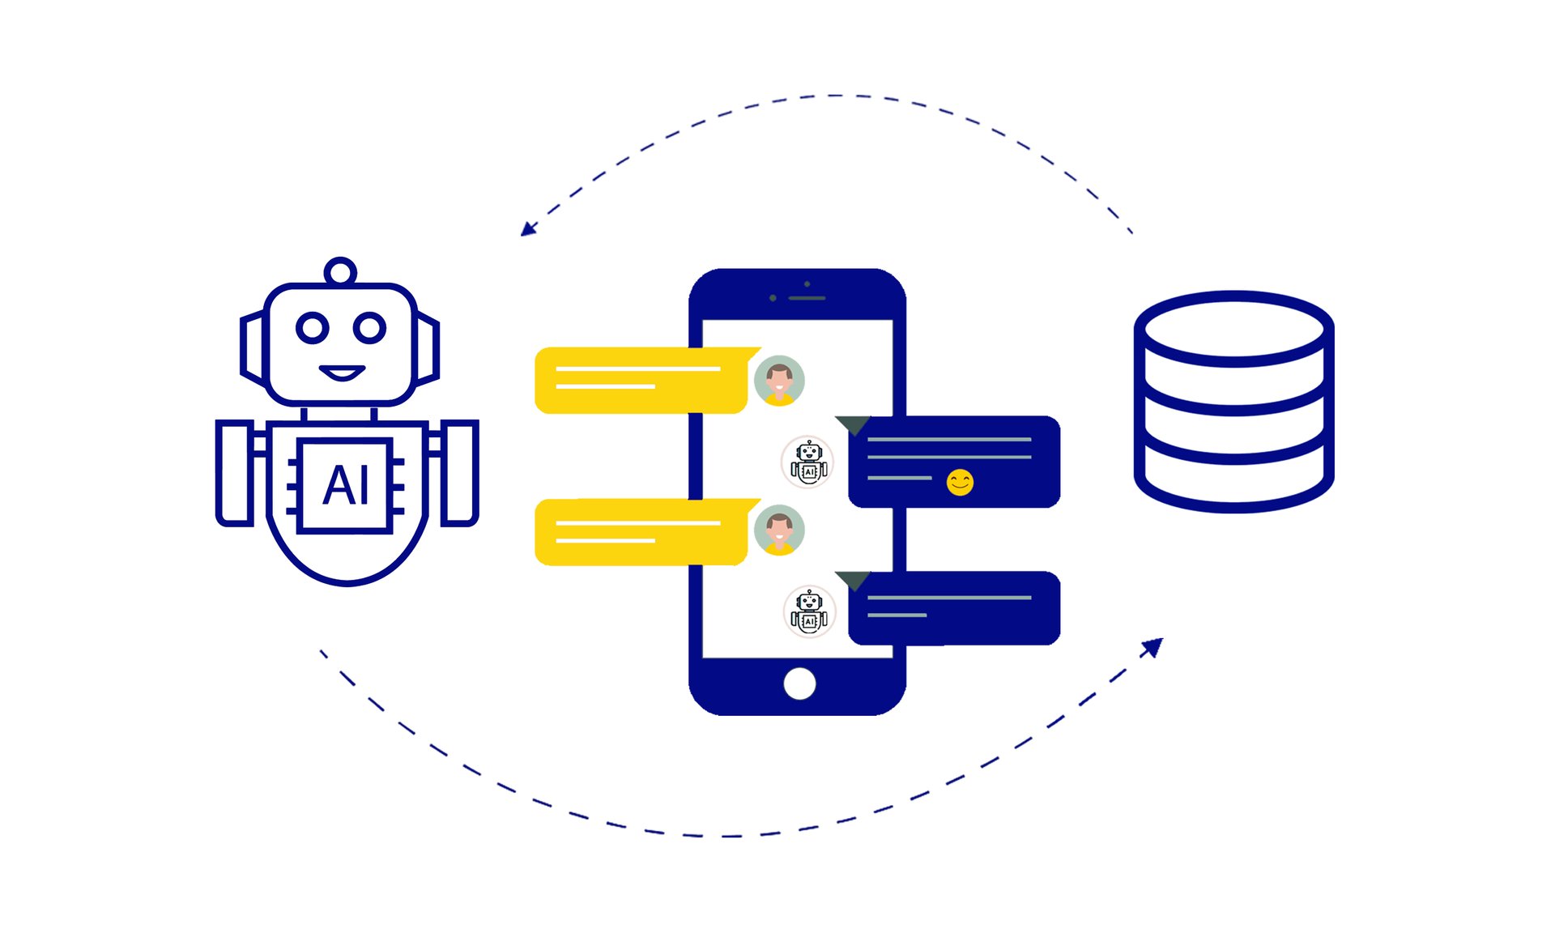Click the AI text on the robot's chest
point(347,485)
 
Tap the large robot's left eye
point(313,328)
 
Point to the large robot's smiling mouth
point(342,373)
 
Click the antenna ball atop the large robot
point(340,272)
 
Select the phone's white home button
point(799,684)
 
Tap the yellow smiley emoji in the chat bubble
point(960,483)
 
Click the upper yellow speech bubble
point(640,380)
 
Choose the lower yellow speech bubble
point(640,532)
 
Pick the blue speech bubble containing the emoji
point(954,462)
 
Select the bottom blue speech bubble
point(954,608)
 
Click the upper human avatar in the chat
point(779,380)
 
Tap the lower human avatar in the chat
point(779,530)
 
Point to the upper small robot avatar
point(808,462)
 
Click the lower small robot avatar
point(809,611)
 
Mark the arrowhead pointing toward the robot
point(528,229)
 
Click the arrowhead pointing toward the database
point(1153,647)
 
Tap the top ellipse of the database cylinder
point(1233,328)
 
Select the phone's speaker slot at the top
point(807,298)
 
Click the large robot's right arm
point(460,473)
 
